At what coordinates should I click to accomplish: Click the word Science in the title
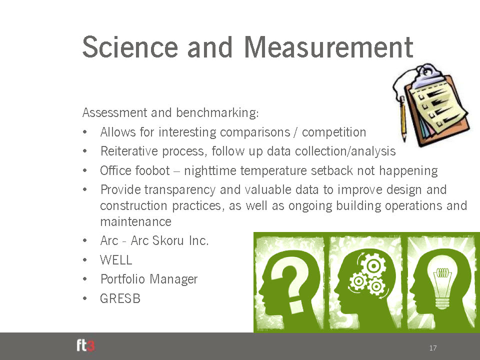(x=130, y=47)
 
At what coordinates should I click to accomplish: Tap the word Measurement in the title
(x=329, y=47)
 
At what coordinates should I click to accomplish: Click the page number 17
(x=433, y=348)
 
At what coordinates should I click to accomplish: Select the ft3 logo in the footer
(x=85, y=345)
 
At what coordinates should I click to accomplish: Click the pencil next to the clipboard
(x=403, y=119)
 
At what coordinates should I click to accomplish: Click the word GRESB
(x=120, y=298)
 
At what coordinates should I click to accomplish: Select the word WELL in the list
(x=116, y=260)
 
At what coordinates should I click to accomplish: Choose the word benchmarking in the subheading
(x=217, y=113)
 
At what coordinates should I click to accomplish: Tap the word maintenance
(x=135, y=221)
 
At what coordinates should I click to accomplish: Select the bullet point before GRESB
(x=85, y=298)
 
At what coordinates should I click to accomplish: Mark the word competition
(x=334, y=132)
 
